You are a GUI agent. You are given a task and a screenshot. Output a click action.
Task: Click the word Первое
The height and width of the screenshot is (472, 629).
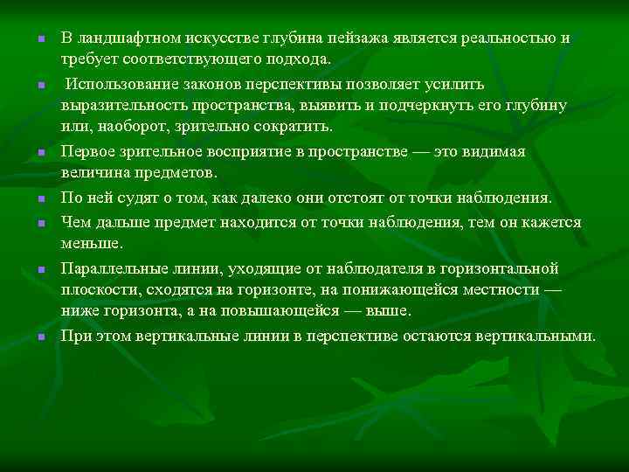coord(87,151)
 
